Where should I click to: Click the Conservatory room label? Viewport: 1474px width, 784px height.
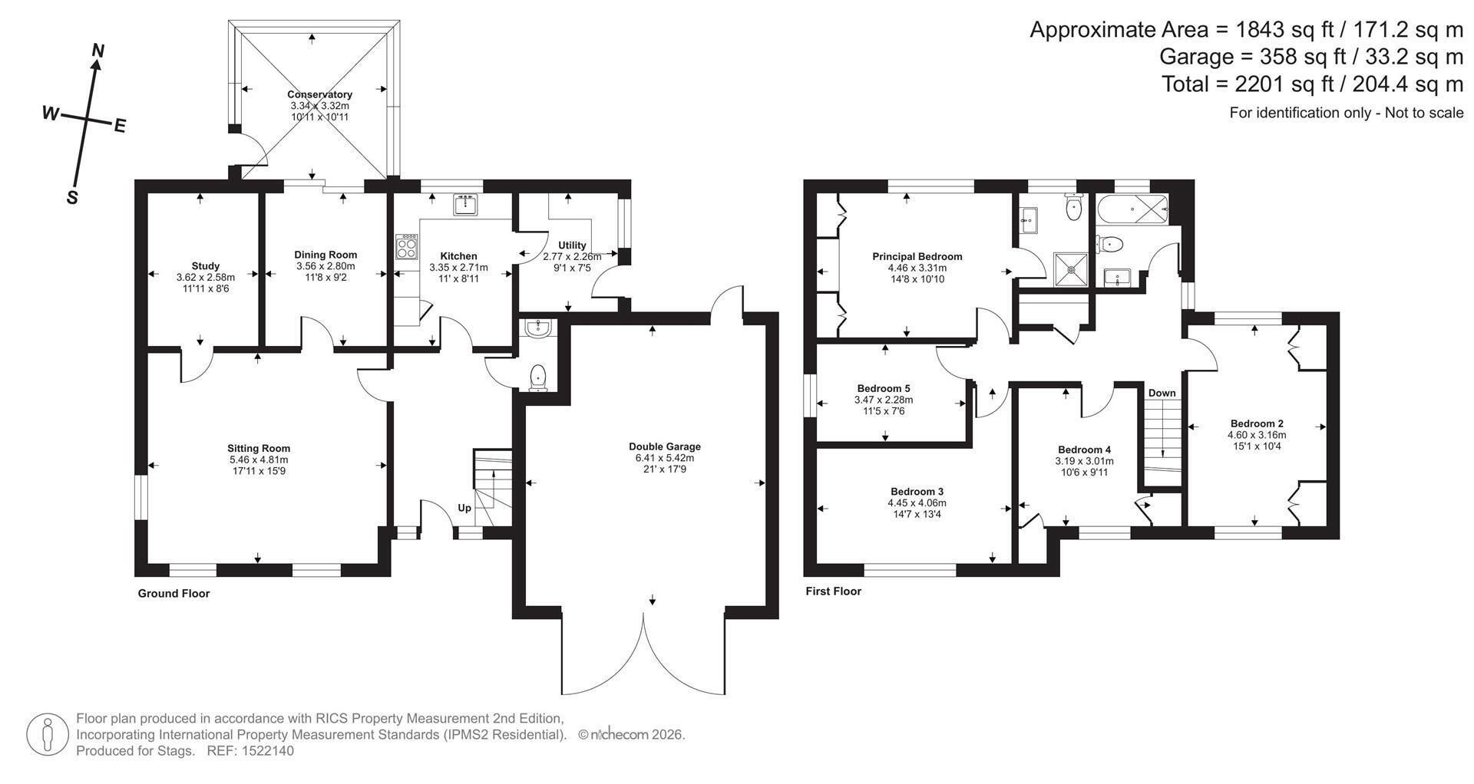pos(319,94)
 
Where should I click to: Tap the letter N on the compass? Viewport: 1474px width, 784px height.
pos(98,51)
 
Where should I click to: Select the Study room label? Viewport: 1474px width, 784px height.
pos(206,266)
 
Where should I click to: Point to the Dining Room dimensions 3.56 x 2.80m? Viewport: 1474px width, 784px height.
pos(326,266)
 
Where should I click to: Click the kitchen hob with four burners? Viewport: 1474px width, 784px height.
pos(407,248)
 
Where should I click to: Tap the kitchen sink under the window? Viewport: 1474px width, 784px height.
pos(466,205)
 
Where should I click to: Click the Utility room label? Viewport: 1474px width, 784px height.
pos(572,245)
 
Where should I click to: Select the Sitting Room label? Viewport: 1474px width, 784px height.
pos(259,449)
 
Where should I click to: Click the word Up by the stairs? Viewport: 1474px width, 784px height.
pos(464,508)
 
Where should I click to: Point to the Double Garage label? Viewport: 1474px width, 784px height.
pos(665,446)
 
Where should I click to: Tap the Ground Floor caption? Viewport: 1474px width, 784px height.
pos(174,593)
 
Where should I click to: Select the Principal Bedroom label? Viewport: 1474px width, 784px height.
pos(917,257)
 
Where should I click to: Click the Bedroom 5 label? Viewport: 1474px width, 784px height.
pos(884,389)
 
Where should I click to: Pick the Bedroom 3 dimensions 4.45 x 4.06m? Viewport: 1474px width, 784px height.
pos(917,503)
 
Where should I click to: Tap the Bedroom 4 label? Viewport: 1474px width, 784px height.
pos(1084,450)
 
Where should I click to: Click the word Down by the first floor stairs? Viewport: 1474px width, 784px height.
pos(1162,393)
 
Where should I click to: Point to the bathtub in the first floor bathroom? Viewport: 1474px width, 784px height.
pos(1132,208)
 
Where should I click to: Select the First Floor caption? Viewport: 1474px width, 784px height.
pos(833,591)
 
